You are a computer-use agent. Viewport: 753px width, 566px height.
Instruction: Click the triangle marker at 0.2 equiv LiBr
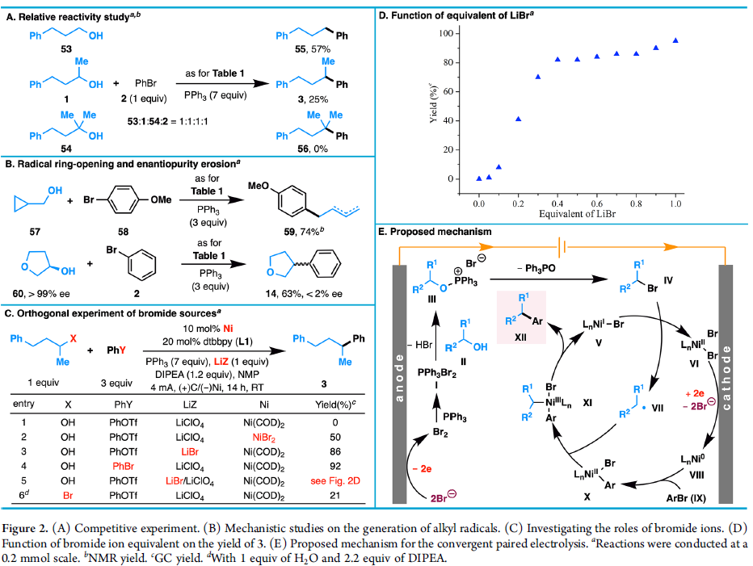coord(518,119)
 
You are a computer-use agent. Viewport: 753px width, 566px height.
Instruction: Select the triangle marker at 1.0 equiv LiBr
coord(675,40)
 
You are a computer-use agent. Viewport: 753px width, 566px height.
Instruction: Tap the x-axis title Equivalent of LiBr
coord(577,214)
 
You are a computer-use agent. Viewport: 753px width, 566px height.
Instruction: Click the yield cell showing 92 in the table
coord(335,466)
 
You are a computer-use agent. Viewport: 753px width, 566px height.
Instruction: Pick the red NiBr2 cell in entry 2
coord(263,437)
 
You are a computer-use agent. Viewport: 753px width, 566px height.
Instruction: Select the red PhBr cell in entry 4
coord(123,466)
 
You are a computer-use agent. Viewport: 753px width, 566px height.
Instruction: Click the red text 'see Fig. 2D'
coord(335,480)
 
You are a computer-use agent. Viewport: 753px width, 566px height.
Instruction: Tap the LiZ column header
coord(190,405)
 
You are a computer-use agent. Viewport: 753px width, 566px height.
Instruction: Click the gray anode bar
coord(400,384)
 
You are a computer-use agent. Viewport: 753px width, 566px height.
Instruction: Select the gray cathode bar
coord(726,384)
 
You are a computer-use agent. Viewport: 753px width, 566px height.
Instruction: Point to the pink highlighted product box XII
coord(522,317)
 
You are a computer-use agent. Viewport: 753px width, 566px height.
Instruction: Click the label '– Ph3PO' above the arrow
coord(536,268)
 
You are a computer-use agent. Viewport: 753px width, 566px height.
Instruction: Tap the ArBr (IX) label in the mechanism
coord(686,498)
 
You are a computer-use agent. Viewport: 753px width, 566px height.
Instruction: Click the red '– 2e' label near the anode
coord(422,468)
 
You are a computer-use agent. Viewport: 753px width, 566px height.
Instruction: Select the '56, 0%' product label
coord(313,149)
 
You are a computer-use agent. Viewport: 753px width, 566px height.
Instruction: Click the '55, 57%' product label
coord(313,49)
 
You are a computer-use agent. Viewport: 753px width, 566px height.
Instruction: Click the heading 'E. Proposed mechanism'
coord(435,232)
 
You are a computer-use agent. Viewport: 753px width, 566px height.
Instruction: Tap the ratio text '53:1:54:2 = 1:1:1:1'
coord(167,121)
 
